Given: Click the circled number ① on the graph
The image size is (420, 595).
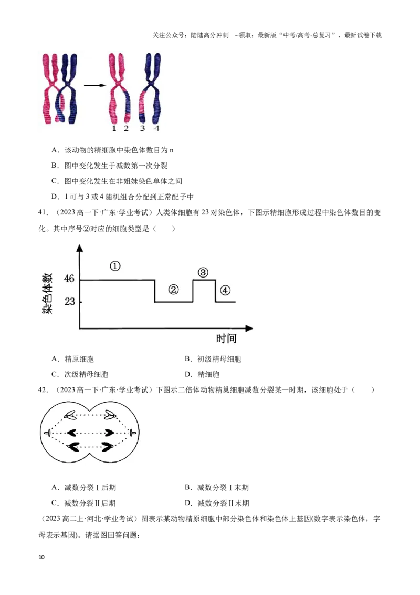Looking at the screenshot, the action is click(x=115, y=266).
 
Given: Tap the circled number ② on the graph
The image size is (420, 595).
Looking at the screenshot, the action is click(x=173, y=290).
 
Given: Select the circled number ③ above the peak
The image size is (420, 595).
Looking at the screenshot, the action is click(x=203, y=272).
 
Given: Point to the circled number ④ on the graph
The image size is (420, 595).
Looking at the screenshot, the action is click(x=225, y=290).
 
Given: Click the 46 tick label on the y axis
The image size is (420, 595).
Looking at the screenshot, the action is click(x=69, y=279).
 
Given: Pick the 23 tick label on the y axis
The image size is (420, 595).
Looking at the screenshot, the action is click(x=69, y=302).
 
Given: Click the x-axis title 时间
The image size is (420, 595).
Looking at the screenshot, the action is click(x=226, y=338).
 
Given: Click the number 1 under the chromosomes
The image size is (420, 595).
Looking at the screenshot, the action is click(x=114, y=128).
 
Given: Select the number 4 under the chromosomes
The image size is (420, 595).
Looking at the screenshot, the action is click(x=157, y=128).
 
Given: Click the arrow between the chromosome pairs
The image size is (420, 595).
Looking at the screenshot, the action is click(x=94, y=85).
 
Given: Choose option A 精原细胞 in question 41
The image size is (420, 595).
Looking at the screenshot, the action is click(x=73, y=359).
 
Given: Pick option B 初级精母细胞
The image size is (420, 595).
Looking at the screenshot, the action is click(x=213, y=359).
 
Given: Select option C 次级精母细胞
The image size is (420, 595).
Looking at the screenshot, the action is click(x=80, y=375).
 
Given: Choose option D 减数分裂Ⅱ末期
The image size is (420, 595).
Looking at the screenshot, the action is click(x=217, y=503).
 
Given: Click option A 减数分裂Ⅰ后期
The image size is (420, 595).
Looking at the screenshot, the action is click(x=84, y=488).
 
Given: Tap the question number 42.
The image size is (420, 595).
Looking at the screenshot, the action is click(x=44, y=390).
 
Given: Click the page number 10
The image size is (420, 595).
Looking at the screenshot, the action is click(x=41, y=557).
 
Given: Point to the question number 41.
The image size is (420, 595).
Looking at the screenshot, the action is click(x=44, y=212).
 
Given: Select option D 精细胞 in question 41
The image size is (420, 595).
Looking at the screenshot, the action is click(x=202, y=375).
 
